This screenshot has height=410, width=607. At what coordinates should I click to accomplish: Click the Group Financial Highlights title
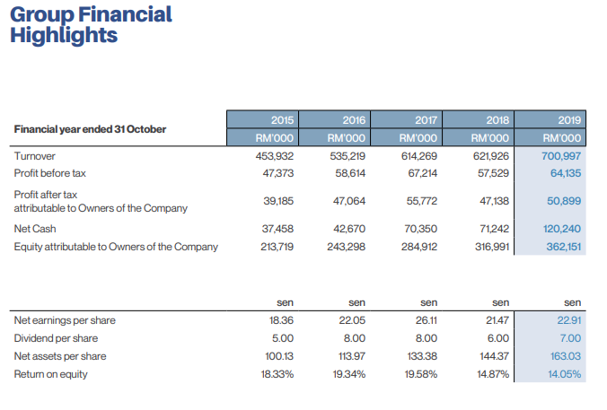[91, 25]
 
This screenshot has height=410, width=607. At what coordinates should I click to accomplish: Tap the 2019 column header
[568, 120]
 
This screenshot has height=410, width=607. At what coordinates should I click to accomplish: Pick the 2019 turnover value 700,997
[563, 156]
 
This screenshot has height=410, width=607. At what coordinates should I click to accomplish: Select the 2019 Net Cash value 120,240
[563, 229]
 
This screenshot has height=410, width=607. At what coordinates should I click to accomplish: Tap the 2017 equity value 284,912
[419, 247]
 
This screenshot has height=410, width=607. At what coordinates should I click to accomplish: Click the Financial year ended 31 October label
[90, 129]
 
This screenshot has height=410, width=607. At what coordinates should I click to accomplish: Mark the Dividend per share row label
[57, 338]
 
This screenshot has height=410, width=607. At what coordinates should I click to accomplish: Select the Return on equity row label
[51, 374]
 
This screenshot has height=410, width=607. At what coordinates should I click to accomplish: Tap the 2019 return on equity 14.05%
[565, 374]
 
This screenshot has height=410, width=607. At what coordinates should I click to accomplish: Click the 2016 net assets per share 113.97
[350, 356]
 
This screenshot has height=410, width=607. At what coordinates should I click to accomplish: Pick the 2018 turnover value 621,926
[492, 156]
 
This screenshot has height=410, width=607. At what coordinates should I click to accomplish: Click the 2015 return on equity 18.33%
[276, 374]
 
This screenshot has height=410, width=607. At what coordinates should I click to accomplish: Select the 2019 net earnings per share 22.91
[569, 320]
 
